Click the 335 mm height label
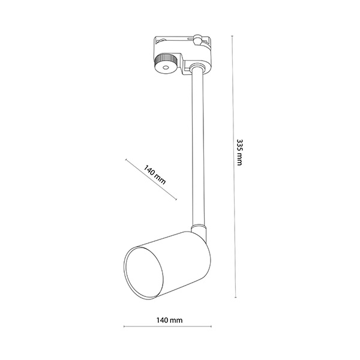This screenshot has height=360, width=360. [239, 152]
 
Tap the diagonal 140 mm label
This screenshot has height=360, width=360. [155, 175]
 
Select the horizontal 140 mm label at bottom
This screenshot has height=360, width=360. [169, 320]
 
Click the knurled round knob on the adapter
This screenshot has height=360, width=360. [166, 64]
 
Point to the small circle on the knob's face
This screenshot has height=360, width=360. [166, 67]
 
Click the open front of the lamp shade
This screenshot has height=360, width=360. [144, 273]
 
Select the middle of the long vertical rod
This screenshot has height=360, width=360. [198, 147]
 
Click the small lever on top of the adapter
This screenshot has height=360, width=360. [197, 40]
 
